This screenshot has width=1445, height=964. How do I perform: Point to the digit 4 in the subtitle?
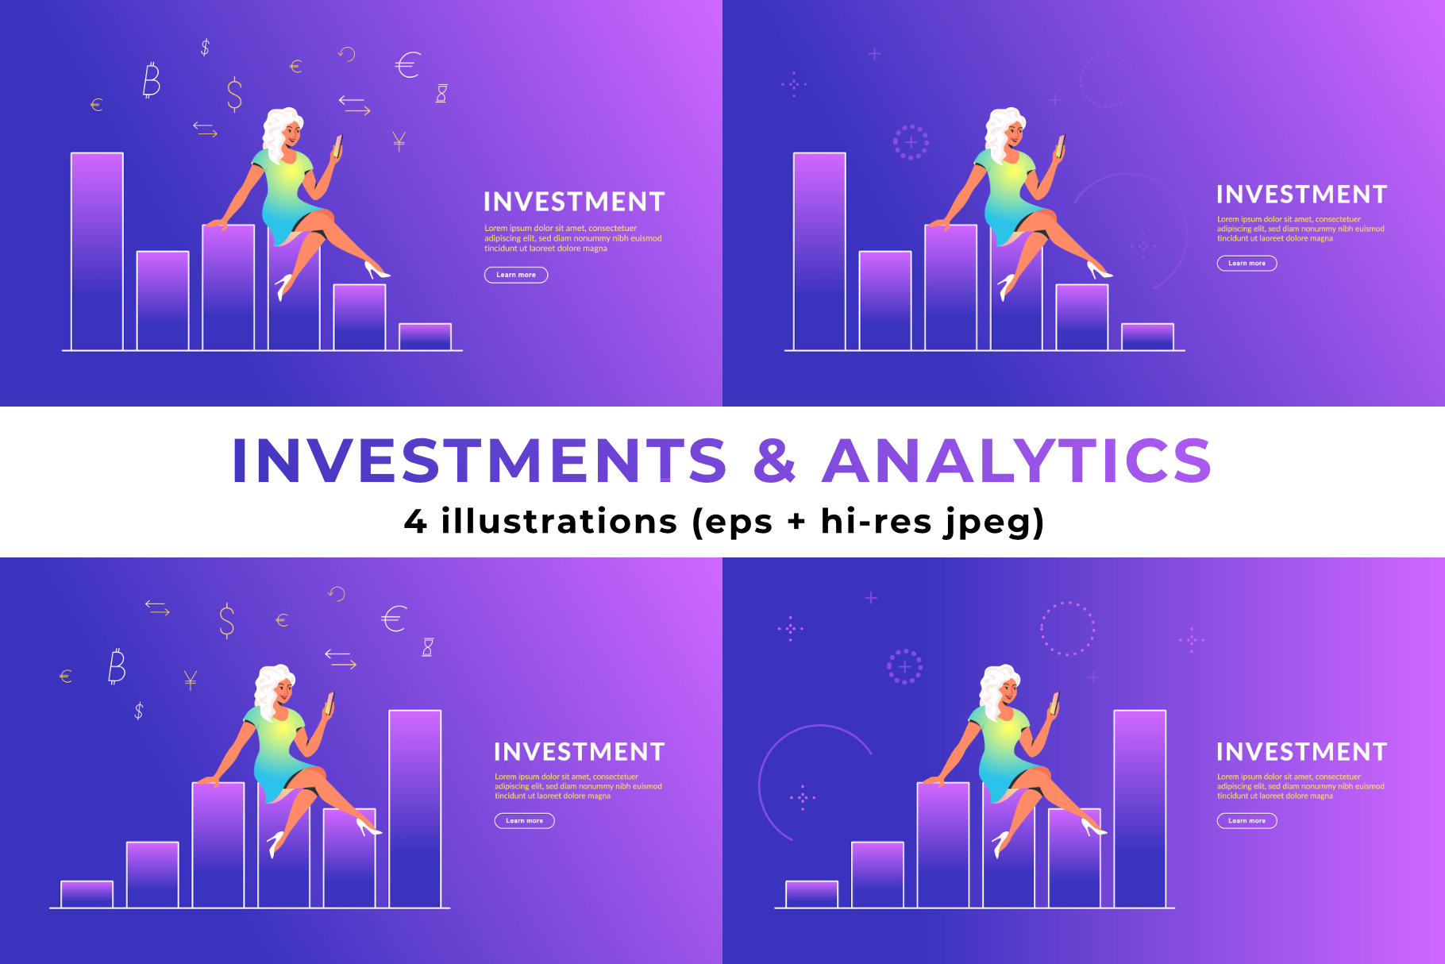(x=415, y=522)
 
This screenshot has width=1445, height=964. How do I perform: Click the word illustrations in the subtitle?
(x=559, y=521)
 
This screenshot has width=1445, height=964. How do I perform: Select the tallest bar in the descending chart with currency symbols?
(x=97, y=251)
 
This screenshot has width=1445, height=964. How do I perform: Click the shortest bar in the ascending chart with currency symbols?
(x=87, y=894)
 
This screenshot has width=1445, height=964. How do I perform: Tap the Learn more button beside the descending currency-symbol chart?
(x=516, y=275)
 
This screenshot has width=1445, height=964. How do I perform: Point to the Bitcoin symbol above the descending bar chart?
(x=151, y=79)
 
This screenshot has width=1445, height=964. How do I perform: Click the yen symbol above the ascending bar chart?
(x=191, y=681)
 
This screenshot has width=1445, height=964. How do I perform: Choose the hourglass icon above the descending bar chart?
(x=441, y=94)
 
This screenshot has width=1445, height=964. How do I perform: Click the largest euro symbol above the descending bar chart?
(x=407, y=64)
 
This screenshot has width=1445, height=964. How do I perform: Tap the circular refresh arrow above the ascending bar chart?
(x=337, y=594)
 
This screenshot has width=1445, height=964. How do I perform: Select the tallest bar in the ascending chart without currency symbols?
(x=1140, y=808)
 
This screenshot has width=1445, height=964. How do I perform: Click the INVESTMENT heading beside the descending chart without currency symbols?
(x=1302, y=195)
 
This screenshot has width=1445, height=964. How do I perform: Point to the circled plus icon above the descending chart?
(x=911, y=142)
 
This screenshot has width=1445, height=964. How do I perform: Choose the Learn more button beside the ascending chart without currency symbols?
(x=1247, y=820)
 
